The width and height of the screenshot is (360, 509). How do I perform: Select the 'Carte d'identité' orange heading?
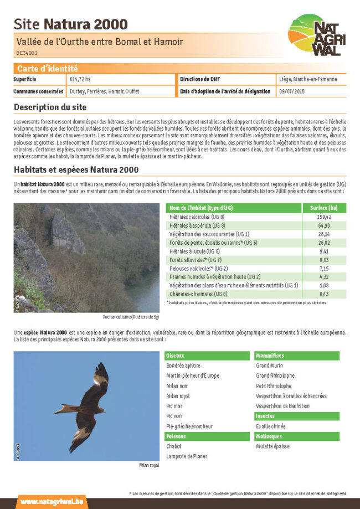47,69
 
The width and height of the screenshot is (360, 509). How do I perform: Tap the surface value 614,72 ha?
80,80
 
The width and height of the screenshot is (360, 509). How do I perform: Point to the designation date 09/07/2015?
292,91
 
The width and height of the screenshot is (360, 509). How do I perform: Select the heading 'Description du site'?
50,107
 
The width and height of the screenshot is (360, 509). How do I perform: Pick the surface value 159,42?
324,217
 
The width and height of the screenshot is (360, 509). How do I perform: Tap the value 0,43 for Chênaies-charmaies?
324,294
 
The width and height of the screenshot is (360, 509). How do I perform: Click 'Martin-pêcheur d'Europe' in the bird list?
193,376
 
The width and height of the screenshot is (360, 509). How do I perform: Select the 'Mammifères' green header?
270,356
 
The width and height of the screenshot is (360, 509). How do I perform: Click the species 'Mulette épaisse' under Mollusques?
272,446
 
